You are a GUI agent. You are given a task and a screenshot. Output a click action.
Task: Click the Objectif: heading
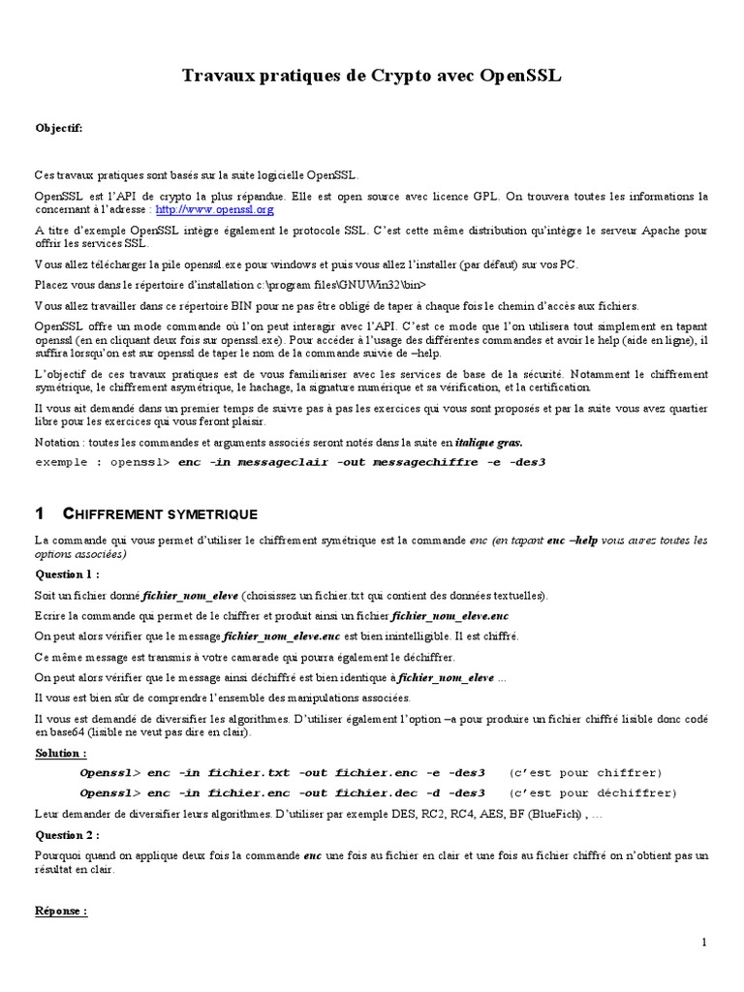tap(59, 128)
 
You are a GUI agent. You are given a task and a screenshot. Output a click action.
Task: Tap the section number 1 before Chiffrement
tap(40, 512)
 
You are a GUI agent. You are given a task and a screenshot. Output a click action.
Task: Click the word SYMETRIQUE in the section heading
tap(211, 512)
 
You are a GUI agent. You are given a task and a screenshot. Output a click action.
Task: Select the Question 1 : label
tap(65, 573)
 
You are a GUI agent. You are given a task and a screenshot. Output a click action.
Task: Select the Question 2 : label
tap(65, 834)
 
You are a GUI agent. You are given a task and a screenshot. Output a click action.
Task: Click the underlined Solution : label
tap(60, 753)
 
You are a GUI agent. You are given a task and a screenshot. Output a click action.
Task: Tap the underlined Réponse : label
tap(61, 911)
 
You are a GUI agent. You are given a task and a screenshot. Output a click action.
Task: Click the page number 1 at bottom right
tap(704, 942)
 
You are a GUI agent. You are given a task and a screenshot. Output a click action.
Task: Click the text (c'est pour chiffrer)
tap(585, 772)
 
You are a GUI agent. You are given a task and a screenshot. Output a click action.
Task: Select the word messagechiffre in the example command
tap(426, 462)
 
